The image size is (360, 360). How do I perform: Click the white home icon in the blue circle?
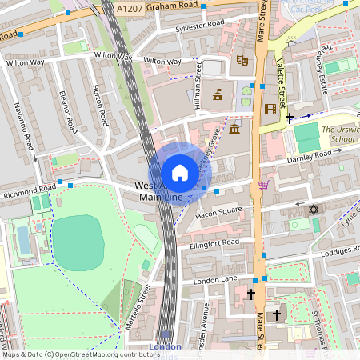click(180, 173)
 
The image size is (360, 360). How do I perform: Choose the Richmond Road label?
click(28, 192)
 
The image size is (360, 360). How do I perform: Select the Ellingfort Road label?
click(214, 242)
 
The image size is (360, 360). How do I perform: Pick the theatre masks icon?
click(242, 59)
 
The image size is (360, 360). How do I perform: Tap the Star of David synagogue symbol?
click(313, 210)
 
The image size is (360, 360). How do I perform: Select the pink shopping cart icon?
click(263, 186)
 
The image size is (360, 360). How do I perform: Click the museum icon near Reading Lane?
click(234, 129)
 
